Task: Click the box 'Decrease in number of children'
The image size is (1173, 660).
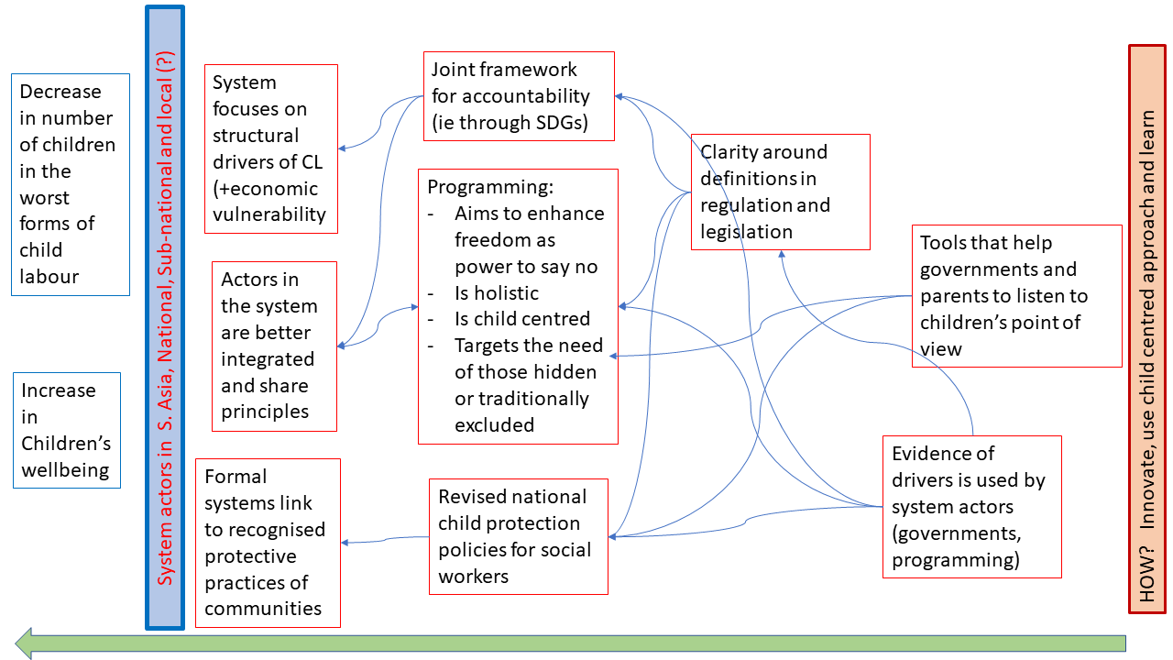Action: click(71, 184)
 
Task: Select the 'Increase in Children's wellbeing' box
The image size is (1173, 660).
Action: click(66, 430)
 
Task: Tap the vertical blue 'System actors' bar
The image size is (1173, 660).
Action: click(165, 317)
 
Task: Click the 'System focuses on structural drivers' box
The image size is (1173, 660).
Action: click(270, 148)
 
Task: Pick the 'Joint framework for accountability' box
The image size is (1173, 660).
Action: click(519, 95)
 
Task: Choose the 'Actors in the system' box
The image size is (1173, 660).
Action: click(274, 346)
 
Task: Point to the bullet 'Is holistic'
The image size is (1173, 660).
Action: click(496, 293)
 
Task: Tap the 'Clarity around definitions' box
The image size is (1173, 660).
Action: click(780, 192)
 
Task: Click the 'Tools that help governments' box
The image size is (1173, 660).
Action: click(1016, 295)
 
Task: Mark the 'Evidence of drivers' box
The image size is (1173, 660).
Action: click(971, 506)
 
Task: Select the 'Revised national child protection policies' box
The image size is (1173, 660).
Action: click(519, 536)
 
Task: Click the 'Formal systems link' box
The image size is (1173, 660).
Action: click(268, 543)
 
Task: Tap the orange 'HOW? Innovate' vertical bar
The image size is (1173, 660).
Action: click(1146, 328)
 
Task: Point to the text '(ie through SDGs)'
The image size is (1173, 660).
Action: click(509, 122)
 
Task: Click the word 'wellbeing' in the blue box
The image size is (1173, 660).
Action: click(66, 470)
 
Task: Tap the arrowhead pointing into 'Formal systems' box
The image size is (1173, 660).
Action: click(345, 543)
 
